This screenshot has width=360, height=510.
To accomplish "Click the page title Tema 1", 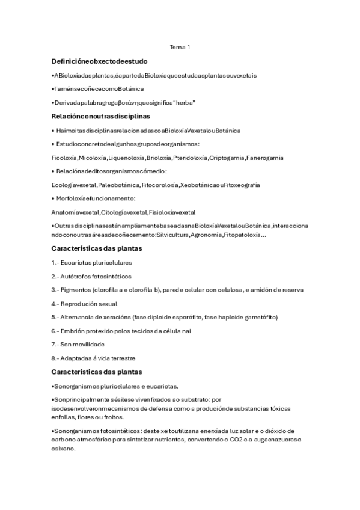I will [180, 47].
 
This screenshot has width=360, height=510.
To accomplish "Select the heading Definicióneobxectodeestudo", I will [100, 61].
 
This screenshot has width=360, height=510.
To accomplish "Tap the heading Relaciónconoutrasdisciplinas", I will [101, 116].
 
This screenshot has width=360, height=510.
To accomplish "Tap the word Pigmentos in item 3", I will [76, 290].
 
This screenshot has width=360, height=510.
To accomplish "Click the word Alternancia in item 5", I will [79, 317].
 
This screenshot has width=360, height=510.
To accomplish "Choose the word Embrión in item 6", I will [73, 331].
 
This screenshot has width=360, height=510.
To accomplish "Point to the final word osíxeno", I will [64, 448].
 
